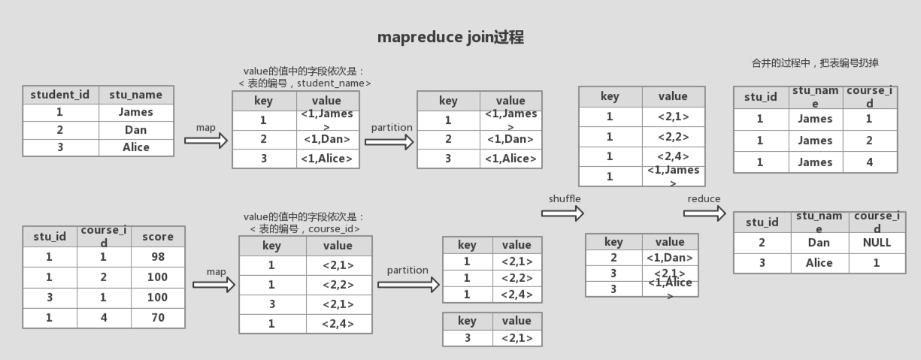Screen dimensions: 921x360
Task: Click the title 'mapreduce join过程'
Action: pos(450,37)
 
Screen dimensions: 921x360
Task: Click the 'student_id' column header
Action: pos(60,95)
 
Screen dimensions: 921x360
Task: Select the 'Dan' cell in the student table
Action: pos(135,129)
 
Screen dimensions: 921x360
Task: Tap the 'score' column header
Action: pos(158,237)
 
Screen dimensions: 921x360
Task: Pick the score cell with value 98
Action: pos(158,257)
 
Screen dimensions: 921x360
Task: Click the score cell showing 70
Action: pos(158,318)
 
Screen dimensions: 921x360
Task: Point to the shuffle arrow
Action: pos(562,214)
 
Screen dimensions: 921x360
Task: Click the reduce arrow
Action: pos(704,213)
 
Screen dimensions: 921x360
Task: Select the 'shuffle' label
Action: pos(565,198)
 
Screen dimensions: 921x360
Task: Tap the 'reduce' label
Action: pos(704,198)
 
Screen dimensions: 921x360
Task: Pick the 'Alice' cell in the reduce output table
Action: pos(819,263)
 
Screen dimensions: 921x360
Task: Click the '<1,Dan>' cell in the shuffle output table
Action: pos(669,258)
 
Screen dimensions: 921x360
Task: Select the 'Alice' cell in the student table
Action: pos(136,147)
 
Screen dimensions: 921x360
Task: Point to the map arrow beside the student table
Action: pos(205,141)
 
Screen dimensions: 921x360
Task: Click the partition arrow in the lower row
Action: pos(408,285)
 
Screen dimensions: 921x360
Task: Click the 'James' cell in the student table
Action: pos(135,112)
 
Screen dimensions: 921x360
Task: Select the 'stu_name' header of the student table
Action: pos(135,95)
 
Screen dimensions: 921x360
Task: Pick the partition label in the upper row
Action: pos(392,128)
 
